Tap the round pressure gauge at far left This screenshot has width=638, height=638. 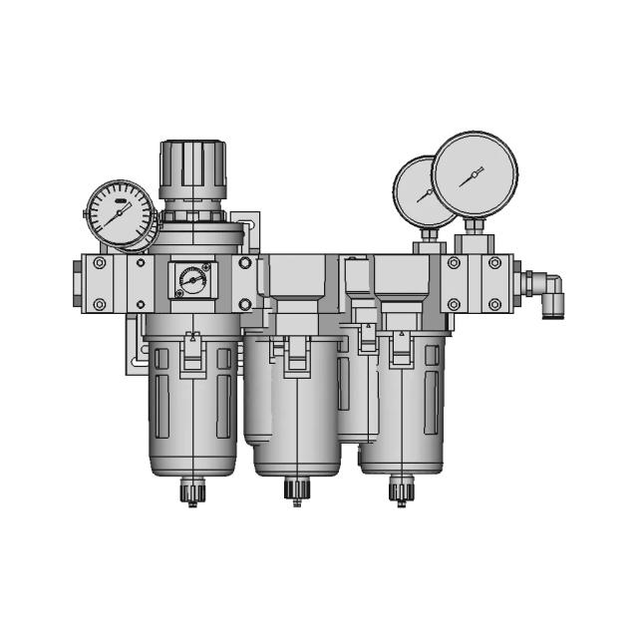click(x=120, y=212)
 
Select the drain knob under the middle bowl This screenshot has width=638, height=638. click(x=296, y=490)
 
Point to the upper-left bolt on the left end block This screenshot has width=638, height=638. click(x=99, y=264)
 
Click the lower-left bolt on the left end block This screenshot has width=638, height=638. click(x=99, y=305)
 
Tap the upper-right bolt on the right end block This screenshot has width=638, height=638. click(x=496, y=264)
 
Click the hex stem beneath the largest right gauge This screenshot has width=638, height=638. click(x=471, y=238)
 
